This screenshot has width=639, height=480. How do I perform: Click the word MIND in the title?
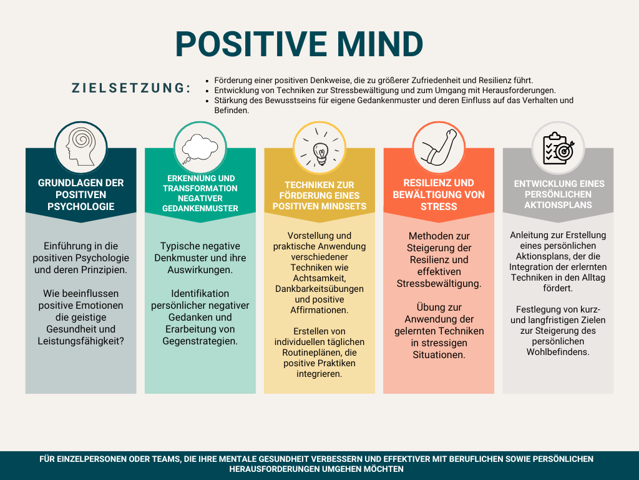tap(379, 44)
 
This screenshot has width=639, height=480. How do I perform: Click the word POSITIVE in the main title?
tap(251, 44)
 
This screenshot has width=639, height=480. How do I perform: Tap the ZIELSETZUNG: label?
tap(132, 87)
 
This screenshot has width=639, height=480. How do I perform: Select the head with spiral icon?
tap(80, 147)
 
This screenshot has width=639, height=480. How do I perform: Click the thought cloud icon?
tap(200, 148)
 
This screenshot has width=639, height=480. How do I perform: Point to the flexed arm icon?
tap(439, 147)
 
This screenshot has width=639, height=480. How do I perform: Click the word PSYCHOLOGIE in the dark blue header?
tap(80, 206)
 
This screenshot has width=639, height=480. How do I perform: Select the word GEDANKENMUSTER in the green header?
tap(200, 208)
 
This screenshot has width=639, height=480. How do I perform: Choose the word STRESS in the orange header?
tap(439, 206)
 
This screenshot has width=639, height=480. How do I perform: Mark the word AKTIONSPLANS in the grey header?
tap(558, 205)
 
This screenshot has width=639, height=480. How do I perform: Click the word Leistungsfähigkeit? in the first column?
tap(80, 341)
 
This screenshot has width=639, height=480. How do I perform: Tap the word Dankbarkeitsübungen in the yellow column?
tap(319, 289)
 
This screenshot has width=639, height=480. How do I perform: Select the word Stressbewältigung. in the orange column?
tap(439, 284)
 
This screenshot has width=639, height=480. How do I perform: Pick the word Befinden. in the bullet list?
tap(232, 111)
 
